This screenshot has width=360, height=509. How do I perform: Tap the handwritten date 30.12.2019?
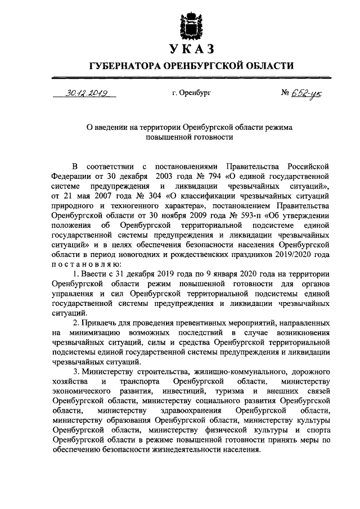point(87,93)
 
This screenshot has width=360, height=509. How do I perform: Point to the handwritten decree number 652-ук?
point(284,93)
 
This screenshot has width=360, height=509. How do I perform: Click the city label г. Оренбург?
point(191,94)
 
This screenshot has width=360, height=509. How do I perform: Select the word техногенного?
point(116,205)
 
